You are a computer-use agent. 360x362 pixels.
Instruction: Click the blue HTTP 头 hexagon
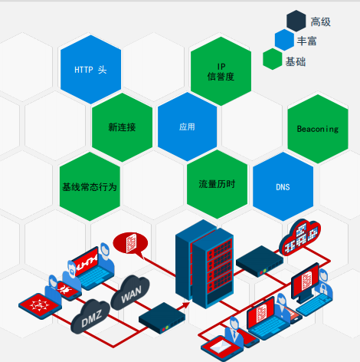click(x=90, y=70)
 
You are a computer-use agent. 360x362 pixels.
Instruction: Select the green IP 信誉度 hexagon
click(x=221, y=71)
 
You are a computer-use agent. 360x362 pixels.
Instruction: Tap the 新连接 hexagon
click(x=122, y=127)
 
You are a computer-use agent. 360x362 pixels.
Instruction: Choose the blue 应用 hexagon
click(x=188, y=127)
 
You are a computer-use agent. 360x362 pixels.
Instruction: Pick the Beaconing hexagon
click(x=318, y=129)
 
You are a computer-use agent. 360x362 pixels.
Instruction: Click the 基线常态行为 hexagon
click(x=90, y=186)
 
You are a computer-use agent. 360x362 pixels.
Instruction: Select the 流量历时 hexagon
click(x=217, y=184)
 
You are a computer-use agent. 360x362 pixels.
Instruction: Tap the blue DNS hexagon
click(x=283, y=186)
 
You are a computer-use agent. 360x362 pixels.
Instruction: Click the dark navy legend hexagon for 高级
click(x=296, y=21)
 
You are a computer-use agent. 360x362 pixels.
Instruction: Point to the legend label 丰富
click(x=306, y=41)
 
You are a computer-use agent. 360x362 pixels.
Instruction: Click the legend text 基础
click(x=296, y=61)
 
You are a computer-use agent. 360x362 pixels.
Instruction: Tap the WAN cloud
click(x=130, y=293)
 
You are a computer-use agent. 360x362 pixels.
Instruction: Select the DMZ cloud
click(x=90, y=317)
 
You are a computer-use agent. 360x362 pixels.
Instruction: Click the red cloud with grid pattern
click(x=300, y=237)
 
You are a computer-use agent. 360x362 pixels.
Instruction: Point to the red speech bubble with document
click(x=131, y=244)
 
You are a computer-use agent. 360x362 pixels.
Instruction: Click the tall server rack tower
click(x=205, y=265)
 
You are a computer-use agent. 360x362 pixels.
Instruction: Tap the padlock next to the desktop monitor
click(x=323, y=288)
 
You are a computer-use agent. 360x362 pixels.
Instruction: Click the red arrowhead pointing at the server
click(x=186, y=305)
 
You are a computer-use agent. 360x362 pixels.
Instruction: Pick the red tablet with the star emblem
click(x=40, y=306)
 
